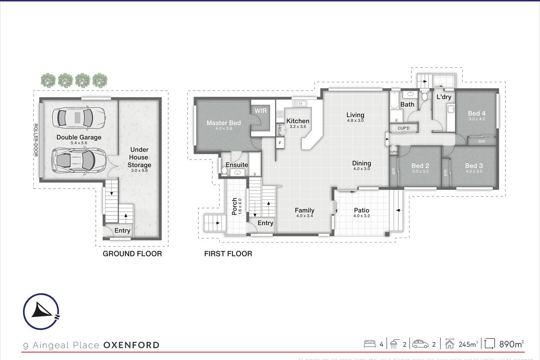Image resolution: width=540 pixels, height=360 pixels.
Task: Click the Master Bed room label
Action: pos(224,123)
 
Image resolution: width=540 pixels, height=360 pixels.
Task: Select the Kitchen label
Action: pos(298,121)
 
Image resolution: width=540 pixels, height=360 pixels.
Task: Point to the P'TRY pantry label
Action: pos(279,129)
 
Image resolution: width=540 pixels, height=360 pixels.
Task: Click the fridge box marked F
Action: pos(280,143)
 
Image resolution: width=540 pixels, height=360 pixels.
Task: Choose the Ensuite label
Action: pos(237,165)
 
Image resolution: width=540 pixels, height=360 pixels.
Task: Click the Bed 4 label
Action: pos(477,113)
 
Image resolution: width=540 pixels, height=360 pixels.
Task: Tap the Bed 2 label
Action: pos(420,166)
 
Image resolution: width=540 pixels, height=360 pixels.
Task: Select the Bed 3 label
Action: pos(474,166)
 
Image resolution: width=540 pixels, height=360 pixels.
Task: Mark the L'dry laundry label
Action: pos(444,97)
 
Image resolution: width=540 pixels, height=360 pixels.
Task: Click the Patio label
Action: pos(361,210)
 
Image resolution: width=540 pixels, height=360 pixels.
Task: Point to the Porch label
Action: pos(234,206)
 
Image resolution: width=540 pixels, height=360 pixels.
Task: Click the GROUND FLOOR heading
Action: pos(132,254)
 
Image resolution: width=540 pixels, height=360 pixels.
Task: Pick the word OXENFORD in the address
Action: pos(131,345)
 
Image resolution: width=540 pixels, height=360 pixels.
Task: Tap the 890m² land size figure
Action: pos(512,345)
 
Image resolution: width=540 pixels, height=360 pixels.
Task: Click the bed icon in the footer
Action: pos(369,344)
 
